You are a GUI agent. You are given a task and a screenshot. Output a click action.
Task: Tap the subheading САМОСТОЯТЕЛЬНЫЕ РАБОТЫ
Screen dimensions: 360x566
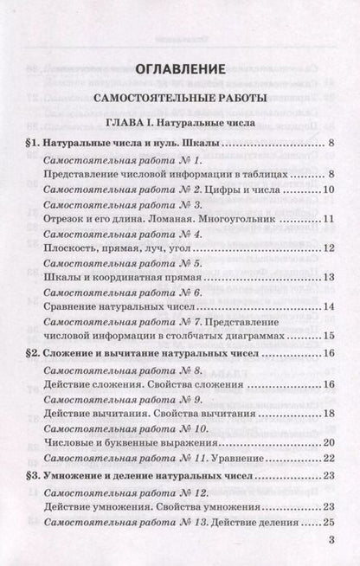pyautogui.click(x=179, y=97)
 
